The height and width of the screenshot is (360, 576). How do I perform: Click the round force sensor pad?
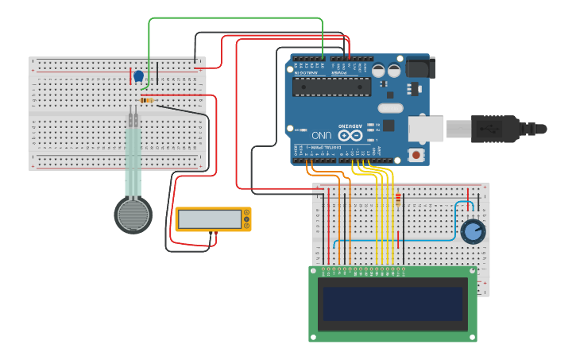click(x=133, y=215)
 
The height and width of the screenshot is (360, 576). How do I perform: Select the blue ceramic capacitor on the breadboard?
click(x=139, y=77)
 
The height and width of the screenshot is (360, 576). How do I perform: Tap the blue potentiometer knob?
click(x=473, y=231)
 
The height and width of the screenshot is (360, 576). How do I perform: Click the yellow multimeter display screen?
click(x=210, y=219)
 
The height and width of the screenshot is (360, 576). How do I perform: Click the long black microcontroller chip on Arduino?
click(x=331, y=87)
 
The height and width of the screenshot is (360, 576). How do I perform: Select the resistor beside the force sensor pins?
click(x=147, y=100)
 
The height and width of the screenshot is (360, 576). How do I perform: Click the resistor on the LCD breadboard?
click(x=397, y=202)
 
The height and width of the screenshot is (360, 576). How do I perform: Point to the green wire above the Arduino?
click(x=238, y=18)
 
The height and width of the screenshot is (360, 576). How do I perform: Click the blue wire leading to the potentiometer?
click(x=397, y=240)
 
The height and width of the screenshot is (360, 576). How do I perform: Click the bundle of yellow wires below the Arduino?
click(x=385, y=215)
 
